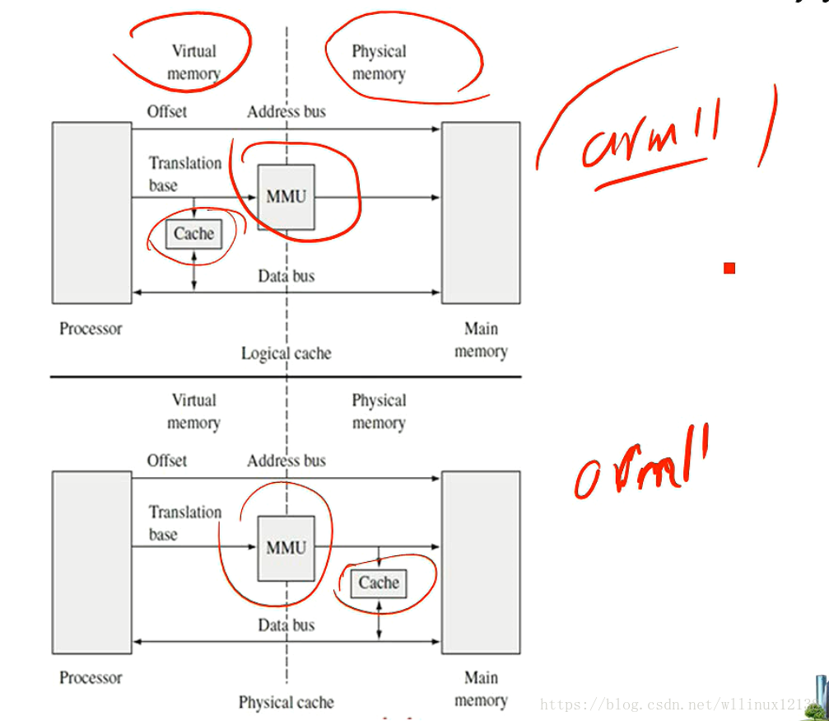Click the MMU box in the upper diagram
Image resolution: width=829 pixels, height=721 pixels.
(286, 197)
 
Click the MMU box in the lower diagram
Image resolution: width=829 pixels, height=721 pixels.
(286, 548)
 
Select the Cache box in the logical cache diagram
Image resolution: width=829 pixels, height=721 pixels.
(193, 234)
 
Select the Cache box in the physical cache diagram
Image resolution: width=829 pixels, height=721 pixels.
(379, 583)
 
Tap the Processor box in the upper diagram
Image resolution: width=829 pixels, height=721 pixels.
(91, 213)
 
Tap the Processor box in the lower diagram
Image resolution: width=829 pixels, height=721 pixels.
(91, 562)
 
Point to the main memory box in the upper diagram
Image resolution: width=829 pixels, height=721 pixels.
(481, 213)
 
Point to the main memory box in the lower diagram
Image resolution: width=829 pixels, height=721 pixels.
(481, 562)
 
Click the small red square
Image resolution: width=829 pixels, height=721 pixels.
(729, 268)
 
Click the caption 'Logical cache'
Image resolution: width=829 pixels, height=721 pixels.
(286, 353)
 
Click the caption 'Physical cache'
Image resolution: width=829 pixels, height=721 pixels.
(286, 703)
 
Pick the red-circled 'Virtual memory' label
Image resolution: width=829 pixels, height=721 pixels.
(193, 62)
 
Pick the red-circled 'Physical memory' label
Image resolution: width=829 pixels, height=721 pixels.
(379, 62)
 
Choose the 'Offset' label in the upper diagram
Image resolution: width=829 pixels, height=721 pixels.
(167, 111)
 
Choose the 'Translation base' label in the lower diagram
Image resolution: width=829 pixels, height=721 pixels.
(184, 523)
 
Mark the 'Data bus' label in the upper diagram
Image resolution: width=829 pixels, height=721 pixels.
(286, 276)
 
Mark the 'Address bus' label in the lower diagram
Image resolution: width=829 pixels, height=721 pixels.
(286, 461)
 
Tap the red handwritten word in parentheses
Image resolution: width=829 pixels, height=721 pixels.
(650, 136)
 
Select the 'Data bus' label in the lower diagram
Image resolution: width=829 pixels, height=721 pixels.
(286, 625)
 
